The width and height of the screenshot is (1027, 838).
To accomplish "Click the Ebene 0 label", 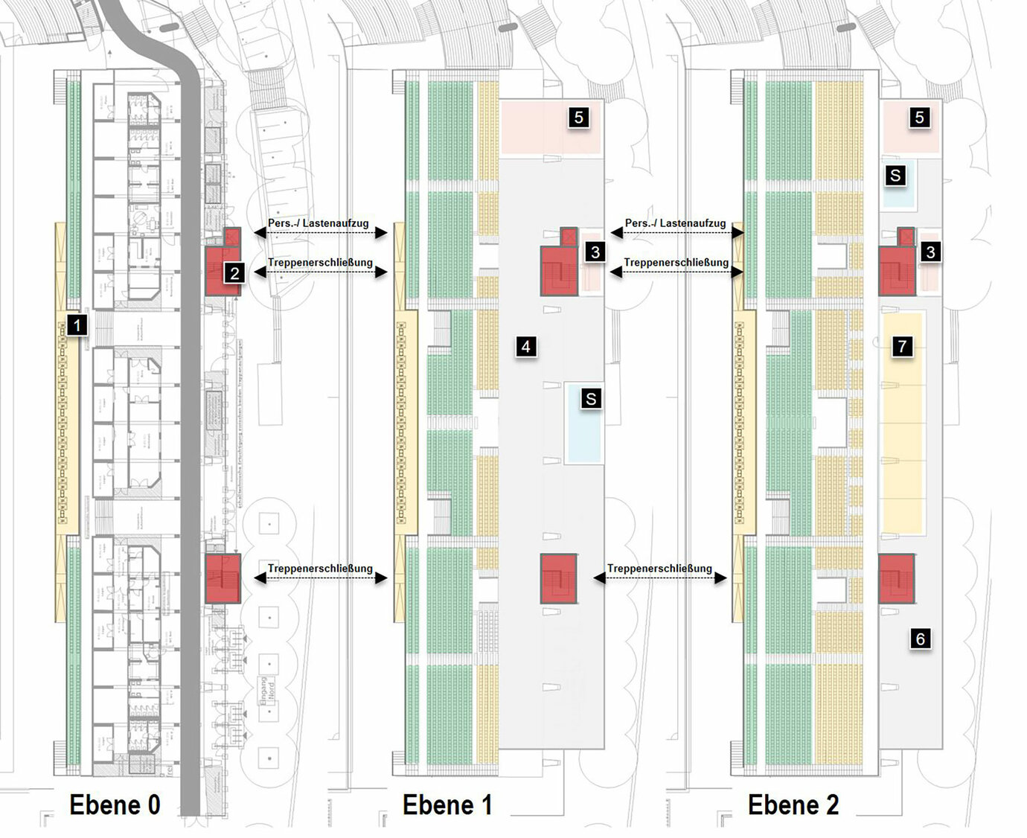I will (x=115, y=805).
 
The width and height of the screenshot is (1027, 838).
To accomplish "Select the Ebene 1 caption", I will (x=447, y=805).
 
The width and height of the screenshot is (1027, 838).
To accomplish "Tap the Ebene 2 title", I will (x=793, y=805).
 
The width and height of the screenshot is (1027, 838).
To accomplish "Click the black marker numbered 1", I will (x=77, y=324).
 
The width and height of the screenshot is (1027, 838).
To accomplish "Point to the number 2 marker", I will (x=234, y=273).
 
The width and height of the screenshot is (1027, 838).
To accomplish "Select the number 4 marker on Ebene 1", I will (x=526, y=346).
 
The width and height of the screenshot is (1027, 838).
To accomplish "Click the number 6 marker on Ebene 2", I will (x=920, y=639).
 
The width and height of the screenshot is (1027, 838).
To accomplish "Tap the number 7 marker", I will (x=902, y=346).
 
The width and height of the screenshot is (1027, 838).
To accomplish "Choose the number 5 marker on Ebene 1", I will (x=578, y=118).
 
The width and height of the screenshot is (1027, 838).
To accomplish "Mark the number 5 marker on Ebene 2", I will (x=920, y=118).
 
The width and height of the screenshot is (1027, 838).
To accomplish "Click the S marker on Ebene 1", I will (x=591, y=399).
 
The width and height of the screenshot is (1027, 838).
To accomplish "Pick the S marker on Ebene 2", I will (x=895, y=176).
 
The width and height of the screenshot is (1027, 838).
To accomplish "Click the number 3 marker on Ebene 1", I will (x=595, y=252).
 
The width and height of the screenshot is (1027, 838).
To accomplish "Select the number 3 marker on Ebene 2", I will (x=930, y=252).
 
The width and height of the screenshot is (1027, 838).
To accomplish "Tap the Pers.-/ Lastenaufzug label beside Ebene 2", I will (x=675, y=223).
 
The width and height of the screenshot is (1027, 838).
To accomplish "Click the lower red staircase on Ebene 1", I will (x=560, y=578).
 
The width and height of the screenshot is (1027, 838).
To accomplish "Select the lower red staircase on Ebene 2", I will (x=896, y=578).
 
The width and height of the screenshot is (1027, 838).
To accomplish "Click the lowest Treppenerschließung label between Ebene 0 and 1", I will (x=320, y=569).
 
